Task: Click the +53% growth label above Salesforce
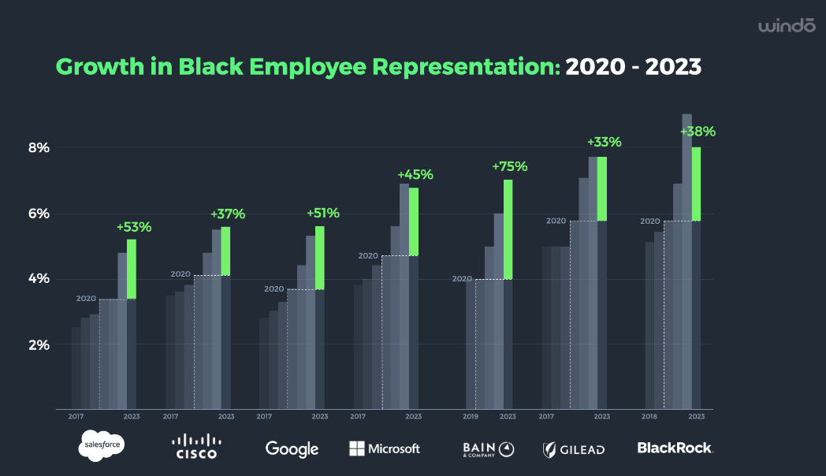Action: pos(134,227)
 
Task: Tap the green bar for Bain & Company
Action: pos(508,229)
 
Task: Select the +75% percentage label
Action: pos(509,166)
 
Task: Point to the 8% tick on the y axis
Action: pos(39,147)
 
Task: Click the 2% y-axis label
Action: pos(39,344)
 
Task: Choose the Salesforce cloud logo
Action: pos(102,447)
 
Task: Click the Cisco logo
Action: pos(195,447)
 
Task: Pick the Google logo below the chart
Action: pos(292,448)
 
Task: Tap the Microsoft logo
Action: pos(385,448)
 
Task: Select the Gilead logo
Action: pos(573,449)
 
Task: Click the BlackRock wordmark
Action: pos(675,448)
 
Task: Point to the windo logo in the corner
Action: pos(786,27)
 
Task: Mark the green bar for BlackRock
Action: pos(696,184)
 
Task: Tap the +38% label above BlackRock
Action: pos(698,132)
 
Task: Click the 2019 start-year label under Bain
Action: pos(470,416)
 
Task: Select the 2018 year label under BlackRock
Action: pos(650,416)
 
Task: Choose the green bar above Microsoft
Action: pos(414,221)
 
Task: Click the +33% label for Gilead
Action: pos(604,143)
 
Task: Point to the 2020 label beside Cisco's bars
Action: pos(180,274)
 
